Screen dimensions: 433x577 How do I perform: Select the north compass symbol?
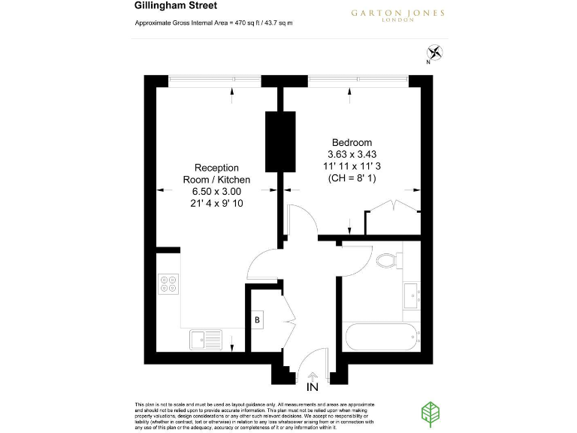434,53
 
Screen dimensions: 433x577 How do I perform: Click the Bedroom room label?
352,143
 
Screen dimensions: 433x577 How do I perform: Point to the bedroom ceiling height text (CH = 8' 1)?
352,179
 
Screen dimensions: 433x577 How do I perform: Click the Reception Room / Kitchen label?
216,174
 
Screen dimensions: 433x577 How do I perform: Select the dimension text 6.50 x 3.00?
216,192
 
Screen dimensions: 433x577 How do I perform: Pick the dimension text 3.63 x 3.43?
352,155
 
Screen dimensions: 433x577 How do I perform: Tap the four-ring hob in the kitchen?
168,283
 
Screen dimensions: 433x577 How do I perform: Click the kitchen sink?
205,339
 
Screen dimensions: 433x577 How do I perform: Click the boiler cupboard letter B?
258,319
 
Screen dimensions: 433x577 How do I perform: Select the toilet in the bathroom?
387,260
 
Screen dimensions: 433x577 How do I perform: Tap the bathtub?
382,341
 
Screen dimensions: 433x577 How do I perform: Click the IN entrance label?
312,387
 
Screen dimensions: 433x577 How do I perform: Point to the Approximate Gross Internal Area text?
213,24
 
